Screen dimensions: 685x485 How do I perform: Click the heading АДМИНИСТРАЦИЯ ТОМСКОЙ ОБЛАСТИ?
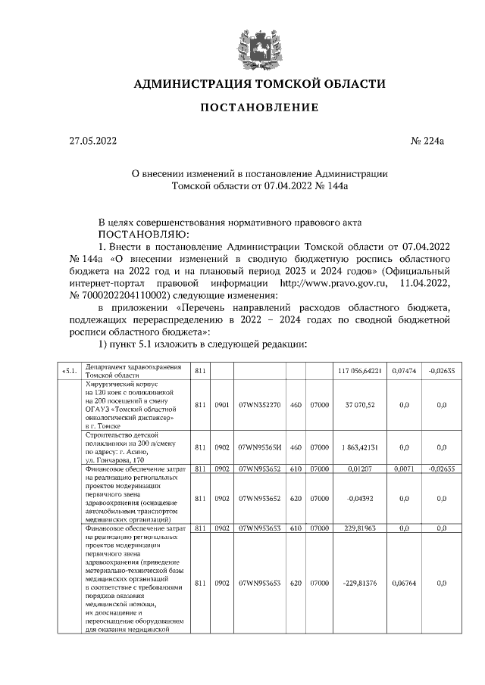(259, 83)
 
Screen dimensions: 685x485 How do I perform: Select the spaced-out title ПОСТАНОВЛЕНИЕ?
(259, 108)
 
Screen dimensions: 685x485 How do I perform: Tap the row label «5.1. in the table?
(69, 370)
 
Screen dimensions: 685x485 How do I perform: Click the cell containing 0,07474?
(402, 370)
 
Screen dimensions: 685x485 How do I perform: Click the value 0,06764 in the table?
(402, 584)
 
